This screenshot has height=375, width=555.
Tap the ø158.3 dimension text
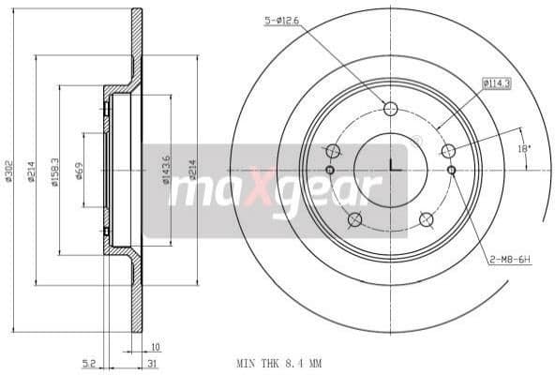pos(54,171)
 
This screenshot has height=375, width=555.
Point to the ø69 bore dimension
pos(79,171)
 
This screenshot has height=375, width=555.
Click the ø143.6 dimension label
pos(168,171)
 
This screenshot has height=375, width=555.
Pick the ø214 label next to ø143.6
pos(193,171)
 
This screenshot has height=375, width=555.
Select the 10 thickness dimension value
pos(154,346)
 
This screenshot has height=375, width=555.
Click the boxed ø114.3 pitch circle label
pos(496,82)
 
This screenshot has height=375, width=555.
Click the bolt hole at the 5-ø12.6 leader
pos(390,106)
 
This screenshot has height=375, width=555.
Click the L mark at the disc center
pos(391,167)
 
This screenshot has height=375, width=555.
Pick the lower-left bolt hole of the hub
pos(354,220)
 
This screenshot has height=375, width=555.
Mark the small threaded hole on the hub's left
pos(330,170)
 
